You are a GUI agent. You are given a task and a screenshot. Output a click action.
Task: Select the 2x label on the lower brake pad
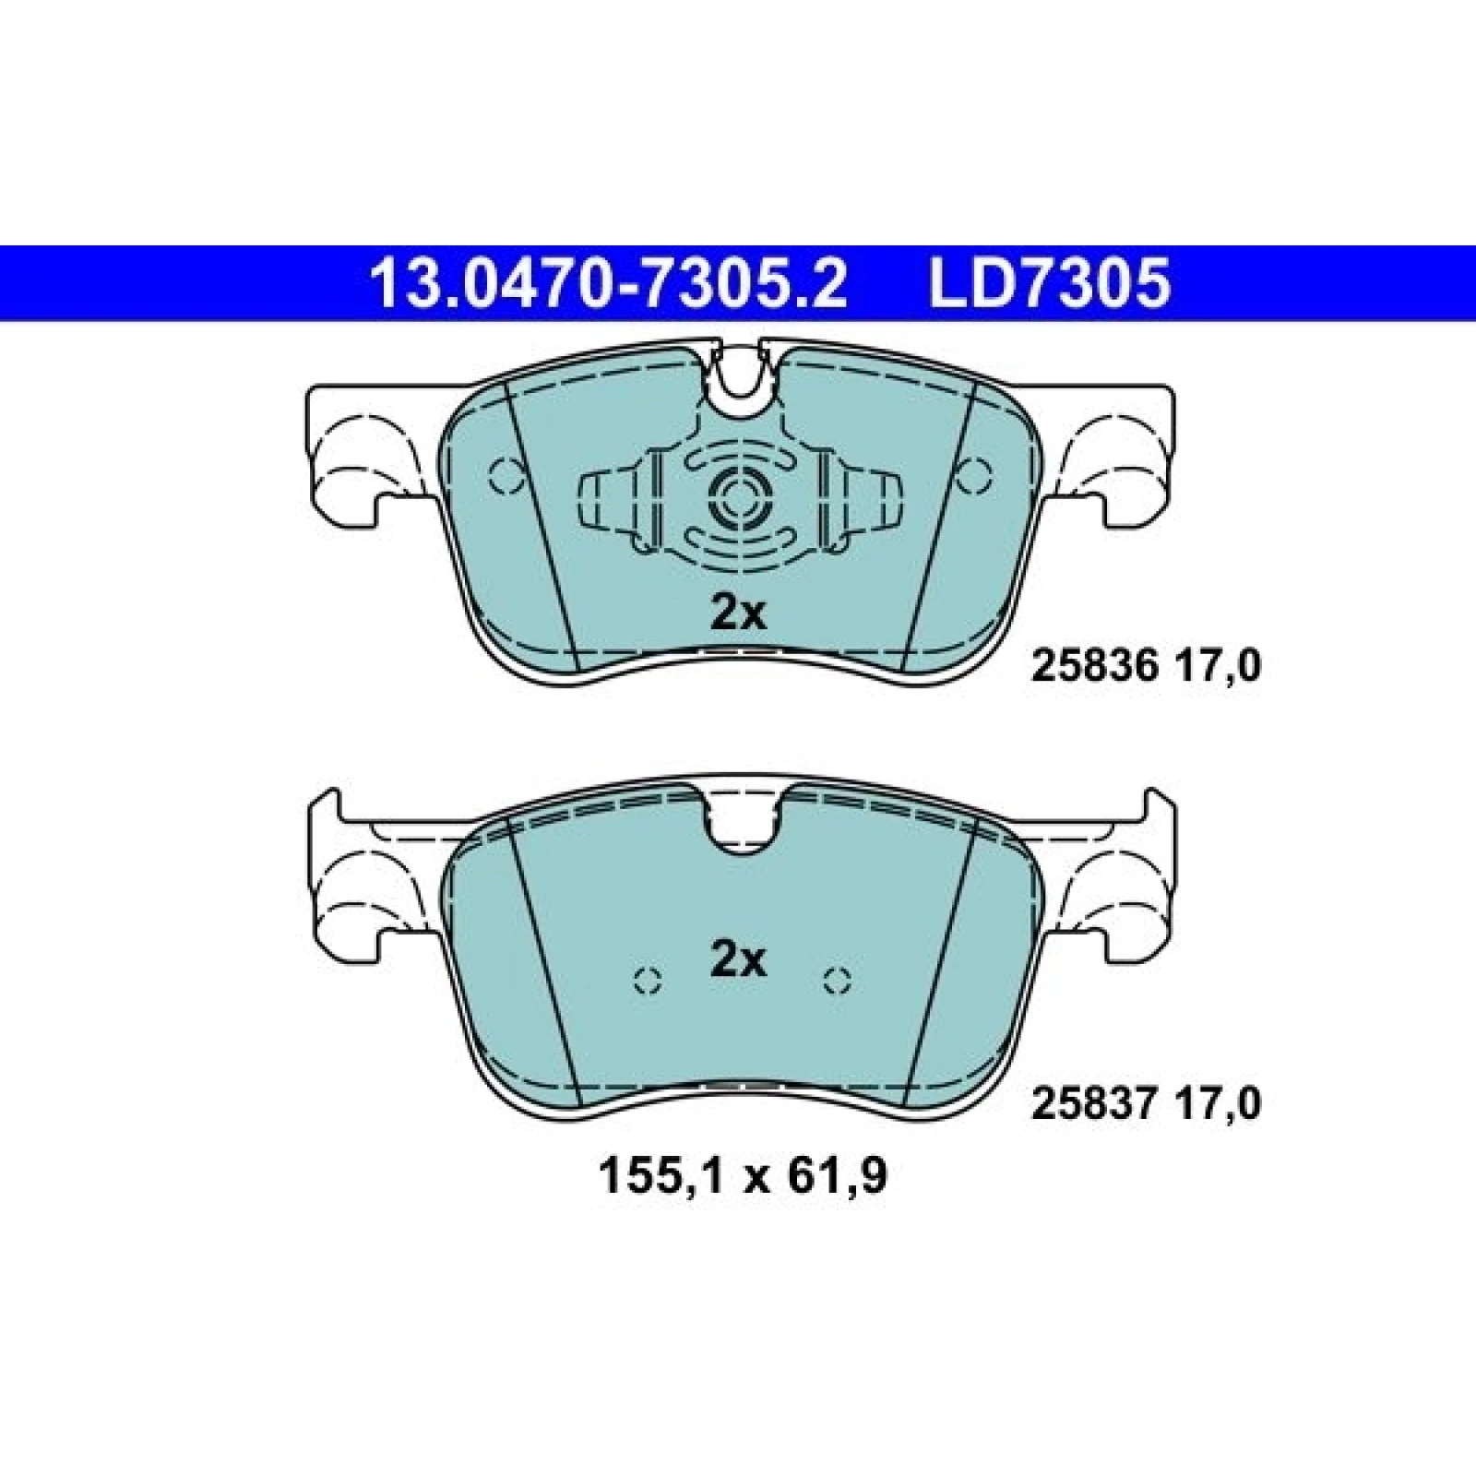point(738,963)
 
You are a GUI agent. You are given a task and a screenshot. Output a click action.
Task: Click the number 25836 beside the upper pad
point(1094,667)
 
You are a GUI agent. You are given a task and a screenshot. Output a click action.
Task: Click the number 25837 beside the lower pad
point(1094,1104)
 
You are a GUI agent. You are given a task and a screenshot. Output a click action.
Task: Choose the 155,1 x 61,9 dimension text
point(744,1177)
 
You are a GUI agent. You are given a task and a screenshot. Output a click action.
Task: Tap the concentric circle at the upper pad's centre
point(738,502)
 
